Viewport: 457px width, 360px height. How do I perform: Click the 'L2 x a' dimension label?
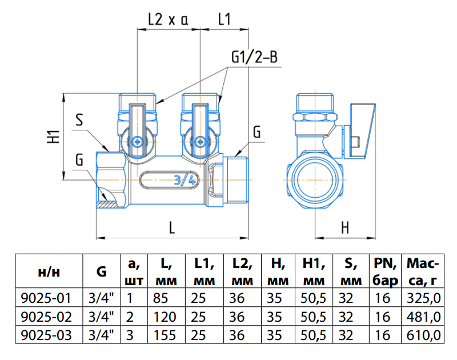[168, 19]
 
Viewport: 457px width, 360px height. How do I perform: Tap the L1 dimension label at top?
[225, 19]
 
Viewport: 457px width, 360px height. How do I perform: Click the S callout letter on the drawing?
[79, 120]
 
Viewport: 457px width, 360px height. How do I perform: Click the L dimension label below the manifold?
[171, 227]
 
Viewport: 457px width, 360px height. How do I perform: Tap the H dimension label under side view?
[345, 227]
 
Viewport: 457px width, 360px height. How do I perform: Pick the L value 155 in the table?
[163, 335]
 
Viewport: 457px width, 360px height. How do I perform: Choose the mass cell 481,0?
[423, 316]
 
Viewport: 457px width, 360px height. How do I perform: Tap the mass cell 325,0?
[423, 297]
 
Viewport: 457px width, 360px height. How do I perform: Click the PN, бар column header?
[386, 271]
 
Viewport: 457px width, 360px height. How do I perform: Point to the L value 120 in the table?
[163, 316]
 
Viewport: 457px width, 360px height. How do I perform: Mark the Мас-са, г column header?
[423, 271]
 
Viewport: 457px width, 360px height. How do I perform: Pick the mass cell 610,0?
[423, 335]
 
